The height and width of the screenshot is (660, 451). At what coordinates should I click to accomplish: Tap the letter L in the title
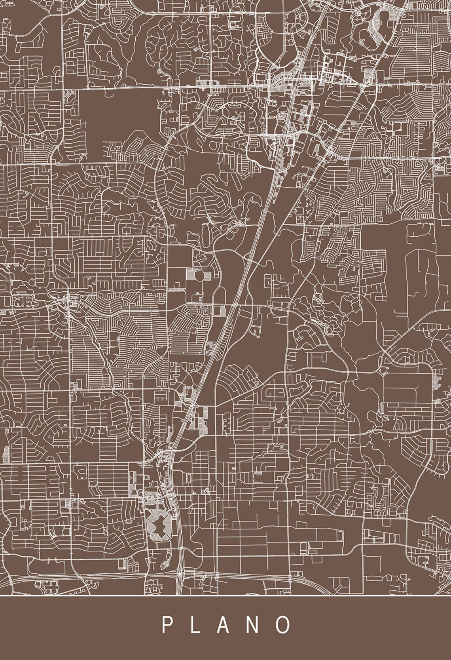196,625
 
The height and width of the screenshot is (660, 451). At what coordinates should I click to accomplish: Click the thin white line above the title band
225,595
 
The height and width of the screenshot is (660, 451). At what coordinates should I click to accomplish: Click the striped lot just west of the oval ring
191,276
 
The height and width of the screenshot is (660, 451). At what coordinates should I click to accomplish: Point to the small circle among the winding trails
317,296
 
